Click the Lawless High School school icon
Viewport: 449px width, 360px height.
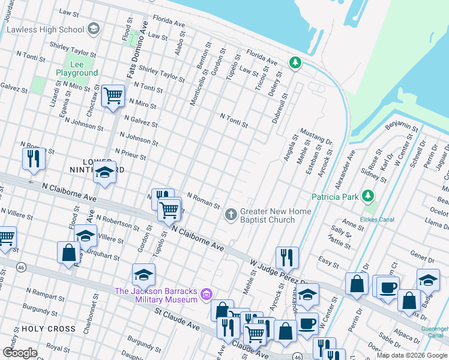point(94,29)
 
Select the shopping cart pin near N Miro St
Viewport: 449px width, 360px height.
point(113,96)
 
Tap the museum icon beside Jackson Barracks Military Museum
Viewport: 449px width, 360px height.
point(207,295)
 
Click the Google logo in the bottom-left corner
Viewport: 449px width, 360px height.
point(20,352)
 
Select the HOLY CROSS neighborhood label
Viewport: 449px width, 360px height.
point(49,329)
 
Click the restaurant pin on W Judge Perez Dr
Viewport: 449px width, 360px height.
point(288,257)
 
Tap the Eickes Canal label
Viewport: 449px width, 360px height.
point(378,220)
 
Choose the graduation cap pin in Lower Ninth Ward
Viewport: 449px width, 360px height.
point(104,173)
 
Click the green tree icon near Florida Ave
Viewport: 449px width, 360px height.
point(295,62)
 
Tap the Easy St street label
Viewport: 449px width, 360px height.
point(328,261)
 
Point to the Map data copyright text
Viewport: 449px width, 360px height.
point(412,355)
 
